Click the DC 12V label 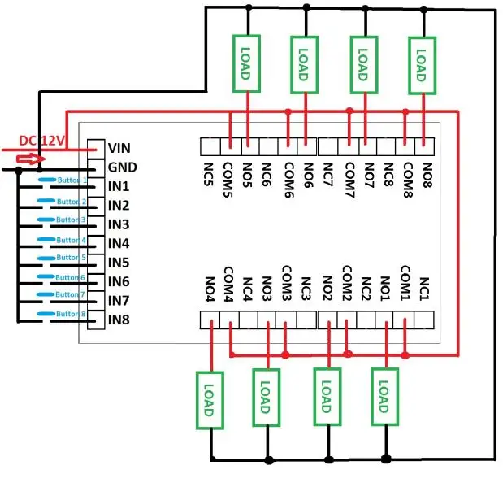point(43,141)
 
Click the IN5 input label point(119,262)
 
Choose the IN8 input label point(119,319)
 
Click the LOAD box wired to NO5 point(246,63)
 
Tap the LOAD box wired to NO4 point(209,399)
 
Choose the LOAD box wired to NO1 point(384,396)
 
